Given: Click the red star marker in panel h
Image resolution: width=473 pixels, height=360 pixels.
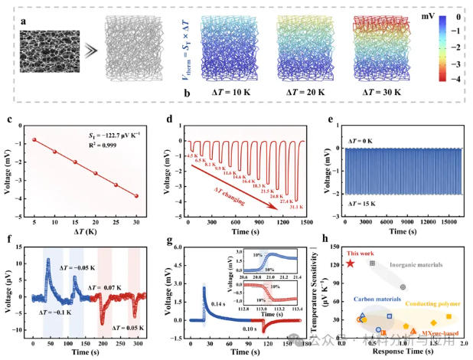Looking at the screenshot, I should point(351,263).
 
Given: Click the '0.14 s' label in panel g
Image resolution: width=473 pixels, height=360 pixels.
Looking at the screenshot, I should point(218,304).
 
